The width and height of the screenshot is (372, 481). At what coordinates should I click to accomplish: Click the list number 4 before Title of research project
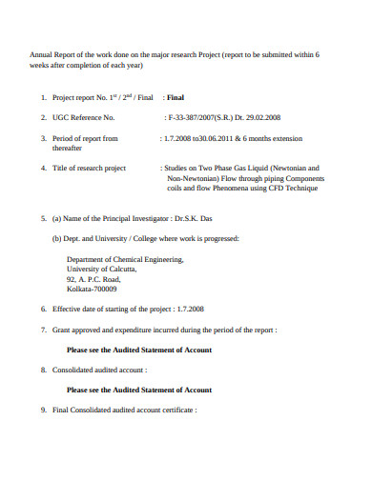[43, 169]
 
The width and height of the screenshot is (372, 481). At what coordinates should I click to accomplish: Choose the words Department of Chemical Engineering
[125, 258]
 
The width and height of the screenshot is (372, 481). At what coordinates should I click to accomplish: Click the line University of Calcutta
[101, 269]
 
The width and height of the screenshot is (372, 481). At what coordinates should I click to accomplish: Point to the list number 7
[43, 330]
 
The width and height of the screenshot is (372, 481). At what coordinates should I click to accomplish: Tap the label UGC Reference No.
[84, 118]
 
